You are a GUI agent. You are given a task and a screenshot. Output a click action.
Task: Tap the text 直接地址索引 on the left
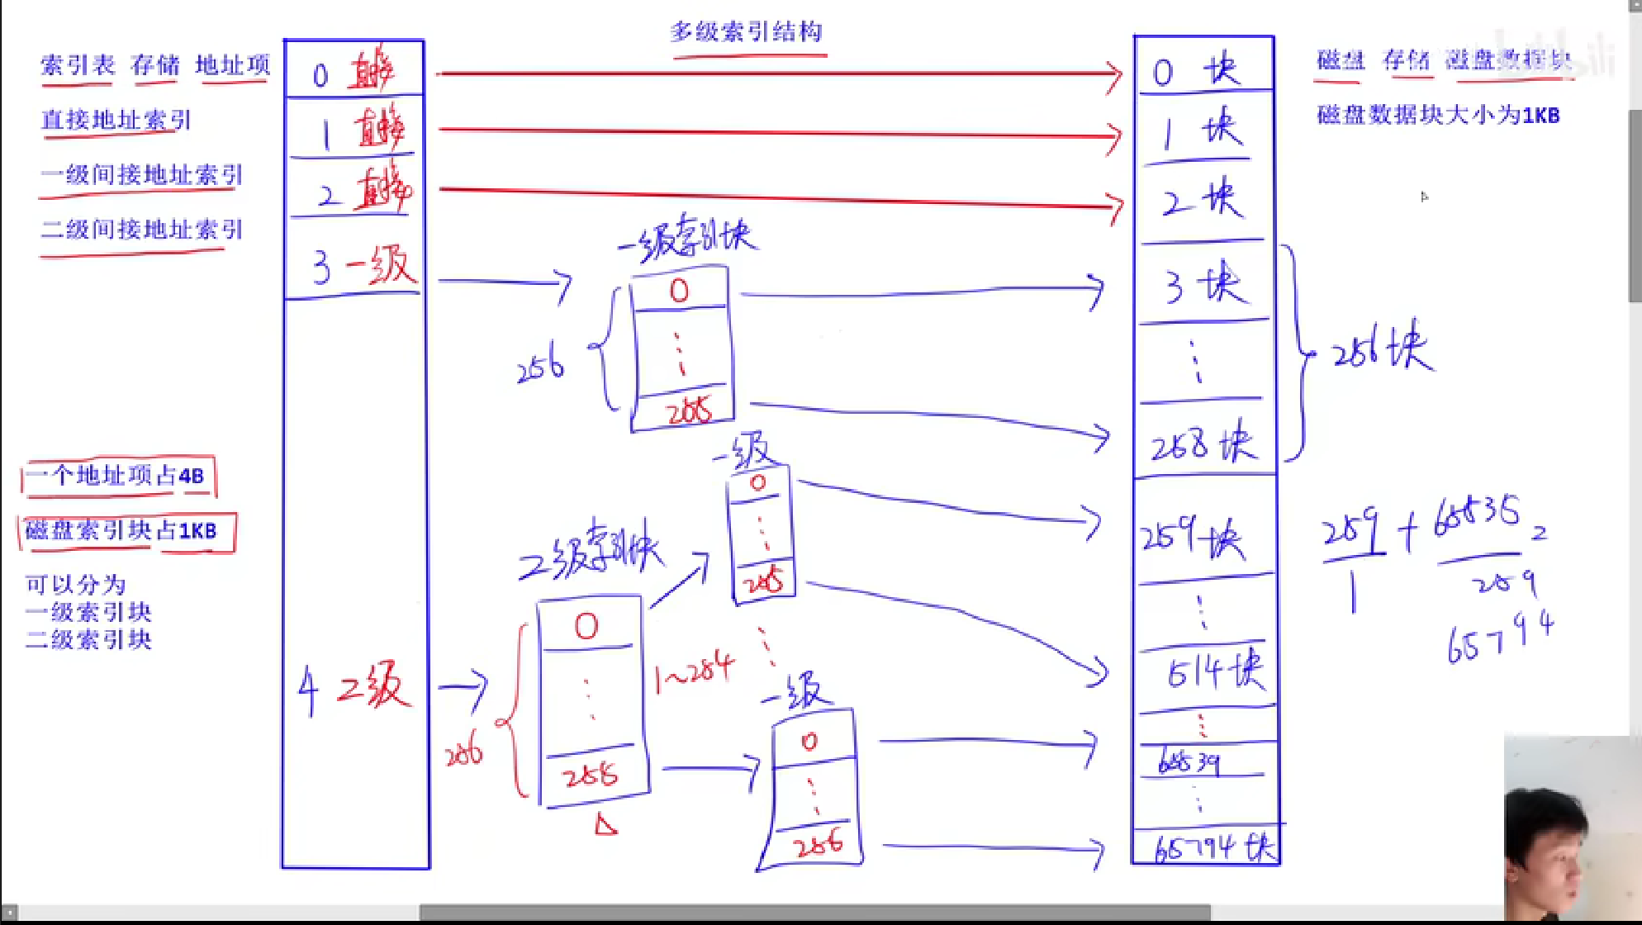pyautogui.click(x=116, y=120)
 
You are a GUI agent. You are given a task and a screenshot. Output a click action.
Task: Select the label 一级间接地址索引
pyautogui.click(x=141, y=174)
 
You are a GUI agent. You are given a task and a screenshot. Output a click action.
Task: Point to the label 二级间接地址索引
pyautogui.click(x=141, y=229)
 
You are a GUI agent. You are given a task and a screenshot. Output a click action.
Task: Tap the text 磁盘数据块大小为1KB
pyautogui.click(x=1438, y=115)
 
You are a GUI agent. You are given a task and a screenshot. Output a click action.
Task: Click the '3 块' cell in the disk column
pyautogui.click(x=1204, y=284)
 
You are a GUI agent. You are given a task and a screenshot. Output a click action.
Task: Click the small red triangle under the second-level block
pyautogui.click(x=605, y=824)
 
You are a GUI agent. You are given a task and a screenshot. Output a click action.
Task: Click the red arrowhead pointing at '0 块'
pyautogui.click(x=1116, y=75)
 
